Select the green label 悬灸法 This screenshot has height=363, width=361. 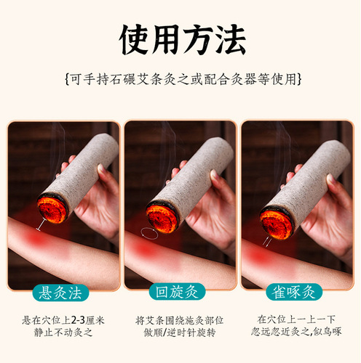click(x=63, y=293)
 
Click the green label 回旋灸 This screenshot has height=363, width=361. click(x=180, y=293)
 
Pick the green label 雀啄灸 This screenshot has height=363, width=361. click(x=297, y=293)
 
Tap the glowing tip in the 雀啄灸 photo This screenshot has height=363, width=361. click(x=277, y=222)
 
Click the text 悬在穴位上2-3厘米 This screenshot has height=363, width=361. click(x=63, y=319)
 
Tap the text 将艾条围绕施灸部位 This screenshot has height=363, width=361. click(x=180, y=319)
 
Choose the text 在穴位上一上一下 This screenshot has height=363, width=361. click(x=297, y=319)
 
